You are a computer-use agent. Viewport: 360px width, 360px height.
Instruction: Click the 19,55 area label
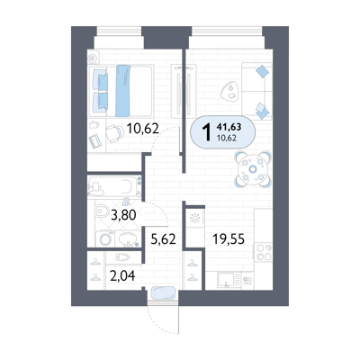click(x=229, y=239)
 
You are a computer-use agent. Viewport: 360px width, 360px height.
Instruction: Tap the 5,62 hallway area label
click(x=163, y=239)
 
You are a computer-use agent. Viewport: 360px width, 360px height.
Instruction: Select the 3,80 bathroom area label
click(x=123, y=215)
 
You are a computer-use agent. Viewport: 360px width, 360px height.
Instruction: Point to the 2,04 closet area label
click(x=122, y=275)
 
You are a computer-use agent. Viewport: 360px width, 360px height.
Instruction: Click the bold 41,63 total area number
click(x=229, y=127)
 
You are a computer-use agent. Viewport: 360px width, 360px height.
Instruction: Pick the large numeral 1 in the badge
click(x=207, y=132)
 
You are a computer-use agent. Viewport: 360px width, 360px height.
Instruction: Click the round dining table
click(x=253, y=169)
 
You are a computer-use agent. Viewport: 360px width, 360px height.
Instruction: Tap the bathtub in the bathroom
click(x=114, y=186)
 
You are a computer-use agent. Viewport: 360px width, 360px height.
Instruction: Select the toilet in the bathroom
click(x=102, y=211)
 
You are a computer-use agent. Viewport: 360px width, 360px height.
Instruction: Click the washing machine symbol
click(x=105, y=238)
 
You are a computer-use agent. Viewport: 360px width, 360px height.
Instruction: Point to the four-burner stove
click(x=264, y=252)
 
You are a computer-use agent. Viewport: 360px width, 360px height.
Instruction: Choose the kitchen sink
click(x=226, y=280)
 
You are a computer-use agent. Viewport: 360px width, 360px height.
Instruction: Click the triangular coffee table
click(x=229, y=91)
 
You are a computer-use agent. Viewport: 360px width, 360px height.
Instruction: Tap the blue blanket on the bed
click(x=123, y=91)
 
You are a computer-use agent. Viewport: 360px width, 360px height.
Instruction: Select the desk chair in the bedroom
click(x=114, y=133)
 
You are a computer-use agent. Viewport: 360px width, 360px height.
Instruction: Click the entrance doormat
click(x=163, y=293)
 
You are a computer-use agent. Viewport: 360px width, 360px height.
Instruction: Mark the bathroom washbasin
click(x=128, y=239)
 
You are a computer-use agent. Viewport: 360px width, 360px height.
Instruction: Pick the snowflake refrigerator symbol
click(x=195, y=218)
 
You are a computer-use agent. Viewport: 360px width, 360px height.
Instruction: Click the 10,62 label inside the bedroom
click(x=142, y=129)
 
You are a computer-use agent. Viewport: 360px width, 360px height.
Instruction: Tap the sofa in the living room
click(x=256, y=91)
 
